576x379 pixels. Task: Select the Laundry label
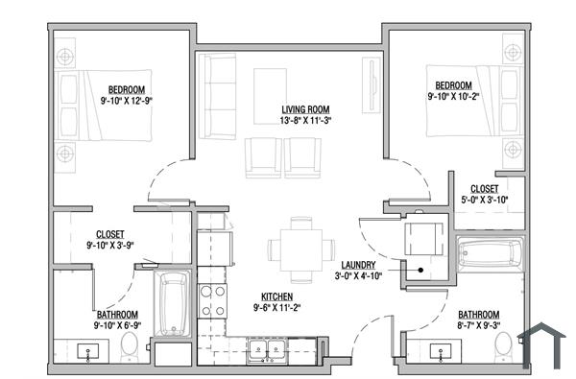pyautogui.click(x=357, y=265)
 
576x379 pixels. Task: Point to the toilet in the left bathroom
pyautogui.click(x=132, y=353)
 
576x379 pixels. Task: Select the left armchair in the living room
pyautogui.click(x=263, y=156)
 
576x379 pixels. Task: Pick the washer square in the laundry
pyautogui.click(x=421, y=236)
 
